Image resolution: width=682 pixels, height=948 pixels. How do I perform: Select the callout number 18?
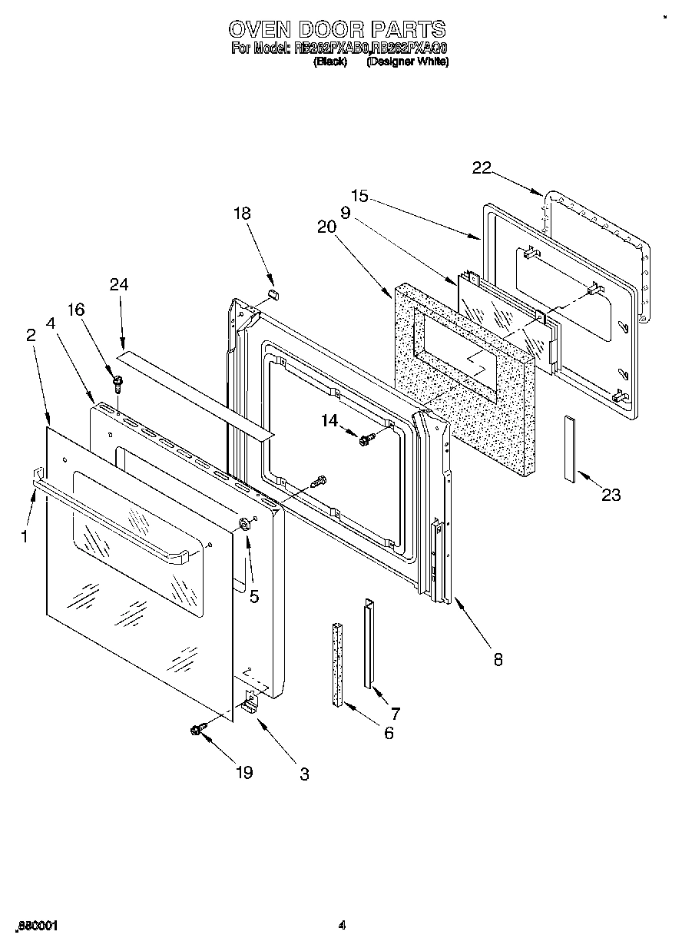(242, 214)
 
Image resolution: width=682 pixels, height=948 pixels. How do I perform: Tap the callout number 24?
(119, 284)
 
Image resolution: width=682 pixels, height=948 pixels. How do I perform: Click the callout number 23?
(611, 496)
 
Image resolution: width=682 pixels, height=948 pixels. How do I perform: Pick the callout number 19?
(243, 773)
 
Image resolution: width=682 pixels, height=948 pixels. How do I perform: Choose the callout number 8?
(498, 658)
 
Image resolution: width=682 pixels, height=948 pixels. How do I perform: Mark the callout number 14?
(329, 419)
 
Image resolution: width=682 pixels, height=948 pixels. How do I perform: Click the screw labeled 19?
(197, 730)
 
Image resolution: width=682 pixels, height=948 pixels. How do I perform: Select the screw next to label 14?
(365, 439)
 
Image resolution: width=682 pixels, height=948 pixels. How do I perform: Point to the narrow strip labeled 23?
(569, 449)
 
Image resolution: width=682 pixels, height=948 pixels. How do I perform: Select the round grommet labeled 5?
(245, 525)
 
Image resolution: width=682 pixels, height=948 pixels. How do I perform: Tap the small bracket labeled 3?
(250, 702)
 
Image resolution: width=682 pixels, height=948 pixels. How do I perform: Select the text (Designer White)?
(407, 63)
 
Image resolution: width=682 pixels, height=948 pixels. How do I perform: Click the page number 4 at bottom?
(342, 926)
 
